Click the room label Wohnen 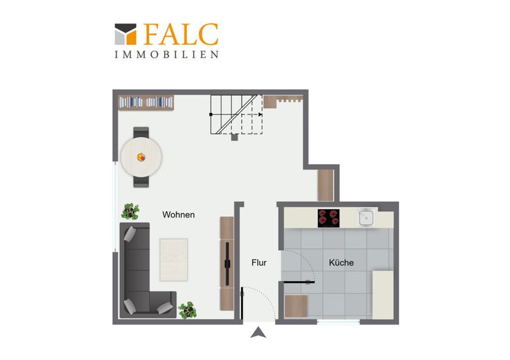coord(179,215)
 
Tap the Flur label coord(259,262)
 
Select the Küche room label coord(341,262)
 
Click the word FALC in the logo coord(181,34)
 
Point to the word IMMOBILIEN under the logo coord(166,55)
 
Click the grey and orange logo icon coord(125,34)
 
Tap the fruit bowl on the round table coord(141,157)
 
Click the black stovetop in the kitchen coord(328,218)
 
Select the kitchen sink coord(367,217)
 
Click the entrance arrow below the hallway coord(258,333)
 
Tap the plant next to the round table coord(130,212)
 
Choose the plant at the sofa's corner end coord(187,310)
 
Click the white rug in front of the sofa coord(174,260)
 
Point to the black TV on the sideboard coord(227,264)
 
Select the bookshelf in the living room coord(146,102)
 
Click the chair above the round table coord(141,132)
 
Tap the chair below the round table coord(141,181)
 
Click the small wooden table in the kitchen coord(296,306)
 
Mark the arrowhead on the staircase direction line coord(261,114)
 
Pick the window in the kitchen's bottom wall coord(338,322)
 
